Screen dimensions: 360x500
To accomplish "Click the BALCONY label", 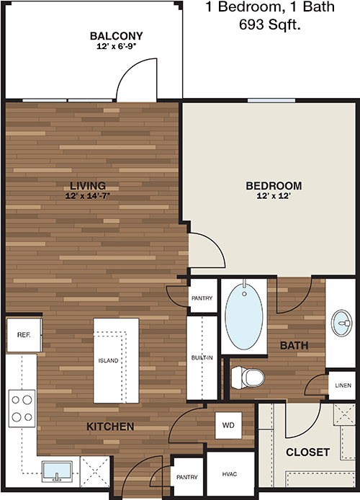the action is pos(117,36).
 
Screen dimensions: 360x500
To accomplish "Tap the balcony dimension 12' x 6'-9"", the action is pos(117,47).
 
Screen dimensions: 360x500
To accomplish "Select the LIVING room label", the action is pos(88,186).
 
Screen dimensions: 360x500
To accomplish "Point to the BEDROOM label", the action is pos(274,186).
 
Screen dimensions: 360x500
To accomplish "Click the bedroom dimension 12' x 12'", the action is pos(274,196).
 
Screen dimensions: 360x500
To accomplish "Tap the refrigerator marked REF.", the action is pos(24,335).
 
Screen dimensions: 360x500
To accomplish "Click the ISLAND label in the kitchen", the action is pos(108,361).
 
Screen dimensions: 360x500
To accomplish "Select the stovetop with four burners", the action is pos(22,409).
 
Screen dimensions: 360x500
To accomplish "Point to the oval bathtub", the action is pos(244,316).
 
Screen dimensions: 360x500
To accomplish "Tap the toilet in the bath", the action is pos(248,378).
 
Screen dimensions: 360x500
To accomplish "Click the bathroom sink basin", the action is pos(341,323).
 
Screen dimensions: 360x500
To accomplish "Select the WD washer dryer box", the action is pos(228,425).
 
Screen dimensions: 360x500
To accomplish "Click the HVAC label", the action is pos(230,474).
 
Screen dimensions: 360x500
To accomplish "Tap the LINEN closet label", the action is pos(343,385).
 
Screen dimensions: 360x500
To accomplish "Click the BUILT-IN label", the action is pos(202,358).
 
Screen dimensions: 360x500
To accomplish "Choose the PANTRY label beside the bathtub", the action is pos(202,298).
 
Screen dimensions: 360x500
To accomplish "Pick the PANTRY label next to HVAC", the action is pos(187,477).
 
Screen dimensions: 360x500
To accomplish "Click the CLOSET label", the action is pos(307,452).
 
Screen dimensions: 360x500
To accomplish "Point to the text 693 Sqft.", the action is pos(270,24).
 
